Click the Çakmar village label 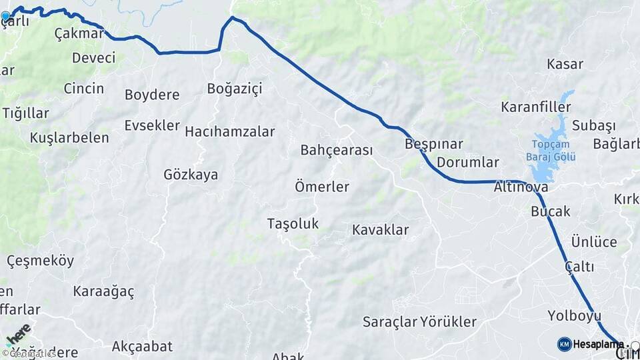[79, 33]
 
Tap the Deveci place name [94, 57]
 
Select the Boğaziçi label [235, 88]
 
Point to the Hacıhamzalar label [229, 131]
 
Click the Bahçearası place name [337, 150]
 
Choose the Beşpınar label [433, 144]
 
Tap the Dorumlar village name [468, 162]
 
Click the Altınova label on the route [521, 187]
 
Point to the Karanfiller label [536, 107]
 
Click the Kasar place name [565, 65]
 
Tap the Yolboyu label [574, 315]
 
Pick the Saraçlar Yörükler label [420, 322]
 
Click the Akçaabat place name [142, 346]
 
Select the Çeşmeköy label [40, 261]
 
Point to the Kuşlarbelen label [69, 138]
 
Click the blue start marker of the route [5, 15]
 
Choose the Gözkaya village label [191, 175]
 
